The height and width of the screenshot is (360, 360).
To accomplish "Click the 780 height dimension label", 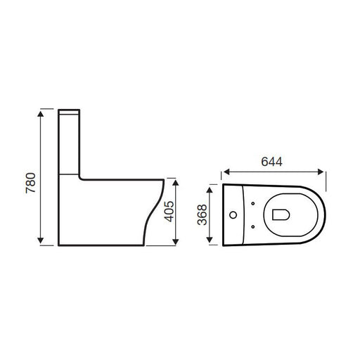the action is [31, 183].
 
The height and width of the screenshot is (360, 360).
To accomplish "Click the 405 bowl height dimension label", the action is [169, 212].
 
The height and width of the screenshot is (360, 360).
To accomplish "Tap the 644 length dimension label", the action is [272, 162].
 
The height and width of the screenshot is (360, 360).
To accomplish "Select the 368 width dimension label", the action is [202, 215].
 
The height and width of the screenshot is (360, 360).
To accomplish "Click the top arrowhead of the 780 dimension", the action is [41, 114].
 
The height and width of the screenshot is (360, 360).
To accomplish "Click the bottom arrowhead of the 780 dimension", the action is [41, 240].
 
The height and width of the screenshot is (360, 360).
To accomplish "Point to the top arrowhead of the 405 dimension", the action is [176, 183].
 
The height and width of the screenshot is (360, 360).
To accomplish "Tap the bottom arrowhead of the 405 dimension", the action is [176, 242].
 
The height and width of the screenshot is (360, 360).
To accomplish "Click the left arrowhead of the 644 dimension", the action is [226, 172].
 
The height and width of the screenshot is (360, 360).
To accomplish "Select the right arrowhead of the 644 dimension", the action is [321, 172].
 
